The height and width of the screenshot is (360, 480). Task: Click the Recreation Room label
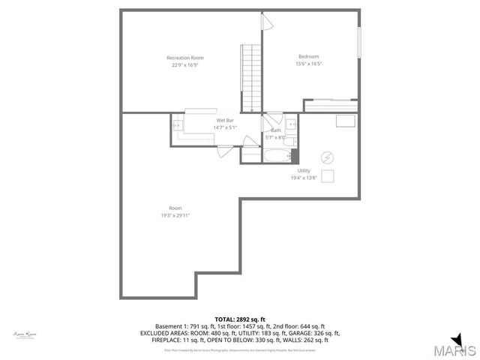coord(184,58)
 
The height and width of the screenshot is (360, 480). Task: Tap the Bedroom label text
coord(308,57)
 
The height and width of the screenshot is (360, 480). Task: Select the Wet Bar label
coord(225,120)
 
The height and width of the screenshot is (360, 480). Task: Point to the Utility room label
coord(304,170)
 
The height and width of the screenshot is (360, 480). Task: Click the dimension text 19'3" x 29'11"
coord(175,215)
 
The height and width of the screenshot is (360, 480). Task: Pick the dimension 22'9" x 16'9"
coord(184,65)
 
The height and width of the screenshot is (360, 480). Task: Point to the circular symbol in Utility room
coord(327,157)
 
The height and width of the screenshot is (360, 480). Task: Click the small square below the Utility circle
coord(327,176)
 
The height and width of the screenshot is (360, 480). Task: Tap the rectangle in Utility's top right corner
coord(346,121)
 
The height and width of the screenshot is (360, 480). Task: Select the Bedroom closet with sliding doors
coord(330,105)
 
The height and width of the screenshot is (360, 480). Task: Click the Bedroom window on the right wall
coord(359,43)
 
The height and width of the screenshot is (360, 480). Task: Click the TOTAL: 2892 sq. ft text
coord(240,319)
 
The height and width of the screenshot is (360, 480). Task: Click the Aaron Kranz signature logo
coord(25,334)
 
